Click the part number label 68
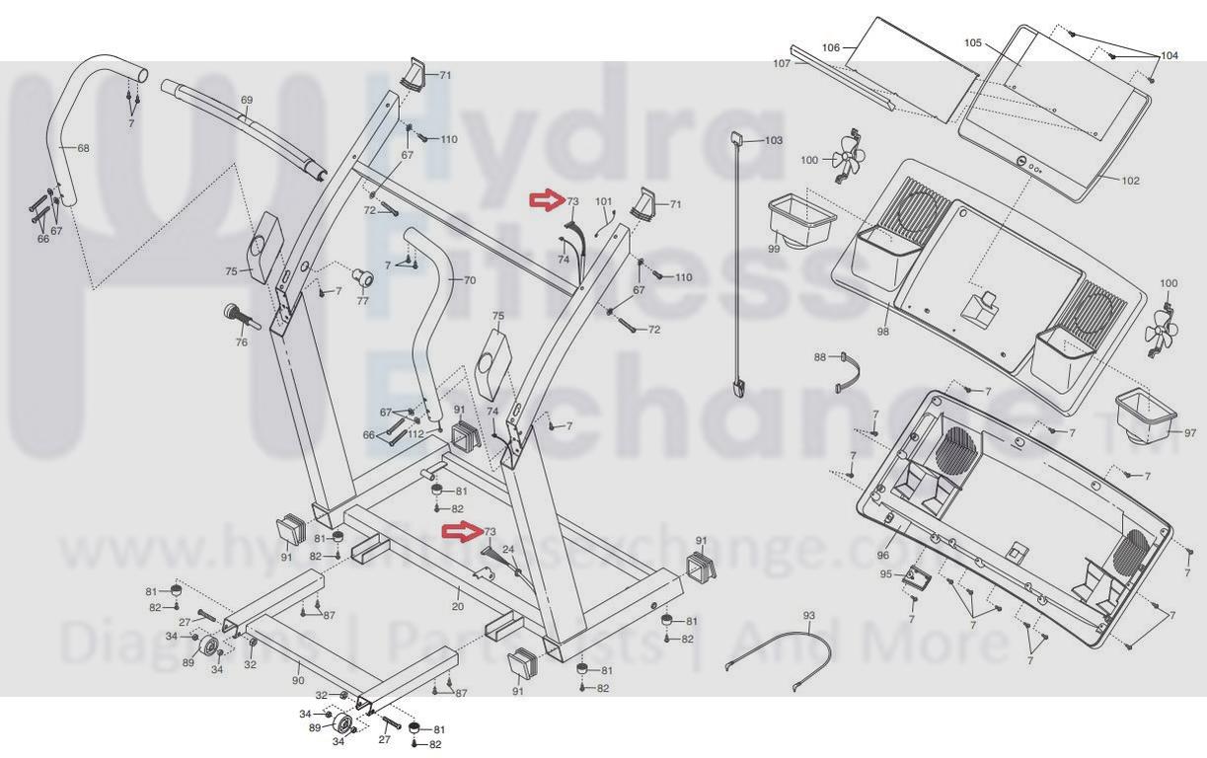pyautogui.click(x=83, y=149)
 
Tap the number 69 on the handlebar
pyautogui.click(x=247, y=101)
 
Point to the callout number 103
pyautogui.click(x=774, y=141)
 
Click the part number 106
pyautogui.click(x=830, y=48)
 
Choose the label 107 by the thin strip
pyautogui.click(x=782, y=63)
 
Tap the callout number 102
pyautogui.click(x=1130, y=181)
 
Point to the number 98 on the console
pyautogui.click(x=882, y=332)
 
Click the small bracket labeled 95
pyautogui.click(x=917, y=580)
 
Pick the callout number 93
pyautogui.click(x=809, y=617)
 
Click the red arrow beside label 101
pyautogui.click(x=545, y=201)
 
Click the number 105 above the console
pyautogui.click(x=973, y=43)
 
